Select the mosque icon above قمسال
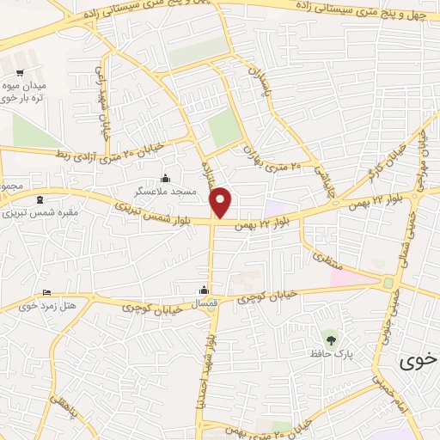204,290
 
